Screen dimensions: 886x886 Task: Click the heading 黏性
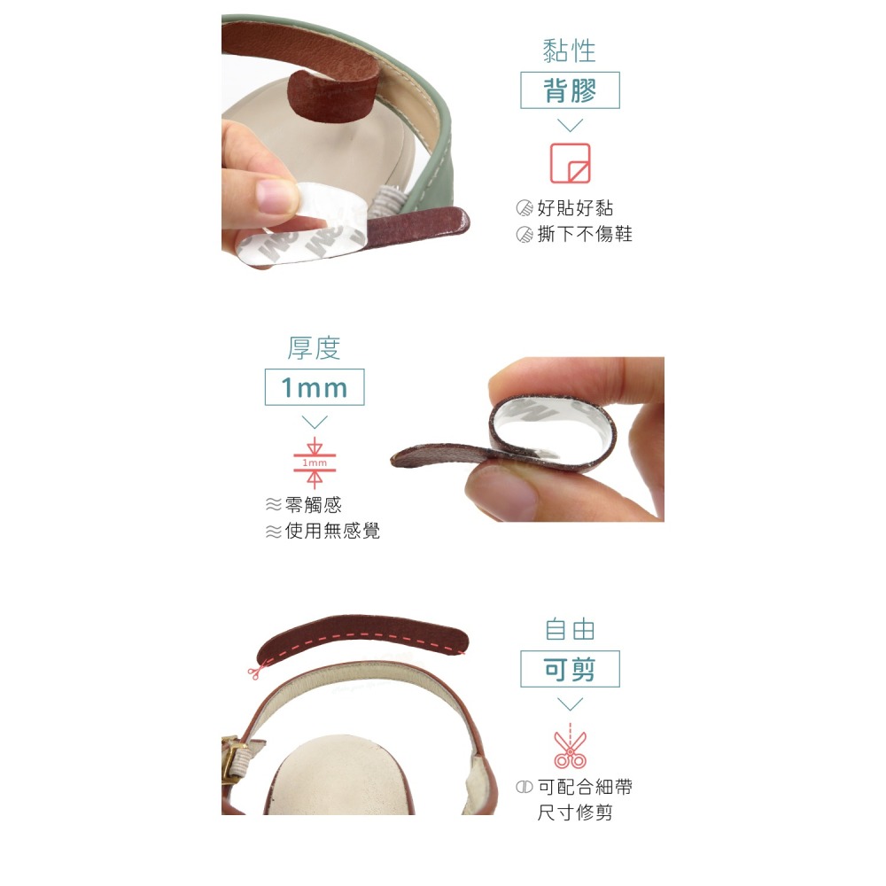569,51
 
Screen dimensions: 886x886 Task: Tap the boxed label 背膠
570,90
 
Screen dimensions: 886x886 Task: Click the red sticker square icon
570,163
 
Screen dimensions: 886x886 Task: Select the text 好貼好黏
575,209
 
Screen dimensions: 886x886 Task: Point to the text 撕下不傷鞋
585,234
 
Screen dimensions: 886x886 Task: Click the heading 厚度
314,348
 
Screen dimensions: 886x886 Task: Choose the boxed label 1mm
314,387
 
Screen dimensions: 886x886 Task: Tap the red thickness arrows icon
315,462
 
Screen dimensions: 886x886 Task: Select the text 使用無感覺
332,532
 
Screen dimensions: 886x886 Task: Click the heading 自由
570,630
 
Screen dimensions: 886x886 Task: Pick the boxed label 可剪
570,670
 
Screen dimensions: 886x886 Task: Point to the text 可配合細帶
585,787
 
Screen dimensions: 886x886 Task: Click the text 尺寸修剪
575,812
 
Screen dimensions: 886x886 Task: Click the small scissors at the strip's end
254,672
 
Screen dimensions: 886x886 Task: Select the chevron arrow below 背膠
570,125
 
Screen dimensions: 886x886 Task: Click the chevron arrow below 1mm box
315,422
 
